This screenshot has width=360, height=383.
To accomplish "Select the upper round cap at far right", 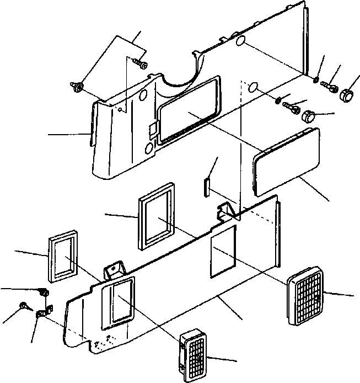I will pyautogui.click(x=346, y=93).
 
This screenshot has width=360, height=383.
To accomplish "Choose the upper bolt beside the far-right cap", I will pyautogui.click(x=329, y=87).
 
